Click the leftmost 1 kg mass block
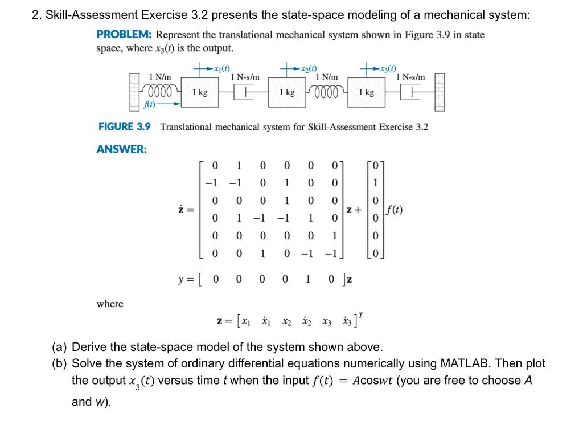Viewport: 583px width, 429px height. click(199, 92)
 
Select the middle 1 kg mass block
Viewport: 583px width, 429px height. click(286, 92)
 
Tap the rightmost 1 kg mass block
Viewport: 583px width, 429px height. click(366, 92)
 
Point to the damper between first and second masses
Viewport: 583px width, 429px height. click(244, 92)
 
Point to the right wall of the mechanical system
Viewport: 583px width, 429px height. click(440, 92)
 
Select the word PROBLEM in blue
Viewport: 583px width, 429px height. click(121, 35)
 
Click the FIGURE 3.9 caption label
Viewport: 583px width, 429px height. click(125, 126)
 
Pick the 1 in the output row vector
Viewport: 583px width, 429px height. click(309, 280)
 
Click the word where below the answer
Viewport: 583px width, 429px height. click(110, 304)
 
